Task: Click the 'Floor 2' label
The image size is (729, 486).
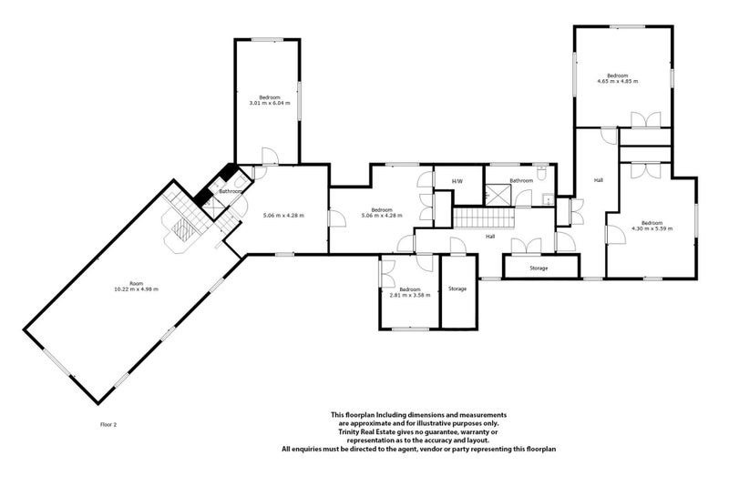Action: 108,424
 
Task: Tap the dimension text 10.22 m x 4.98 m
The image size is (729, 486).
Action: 136,289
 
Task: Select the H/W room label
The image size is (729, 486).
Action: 457,181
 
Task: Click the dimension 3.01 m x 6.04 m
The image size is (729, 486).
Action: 270,103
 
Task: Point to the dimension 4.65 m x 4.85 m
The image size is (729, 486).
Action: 618,81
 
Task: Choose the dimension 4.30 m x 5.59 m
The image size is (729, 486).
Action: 652,228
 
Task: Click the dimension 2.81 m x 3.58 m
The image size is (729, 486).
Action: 410,295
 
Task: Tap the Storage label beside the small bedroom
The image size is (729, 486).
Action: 457,289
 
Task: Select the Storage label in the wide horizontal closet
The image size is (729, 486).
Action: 539,268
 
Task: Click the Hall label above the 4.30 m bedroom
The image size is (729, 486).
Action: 599,179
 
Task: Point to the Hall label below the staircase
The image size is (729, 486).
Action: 490,237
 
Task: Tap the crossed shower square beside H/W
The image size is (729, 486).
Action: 498,195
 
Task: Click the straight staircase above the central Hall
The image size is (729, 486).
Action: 484,218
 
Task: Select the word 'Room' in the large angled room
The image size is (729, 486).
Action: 136,283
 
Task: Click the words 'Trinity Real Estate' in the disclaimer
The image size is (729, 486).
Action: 364,431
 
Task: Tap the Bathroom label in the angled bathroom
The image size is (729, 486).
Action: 231,191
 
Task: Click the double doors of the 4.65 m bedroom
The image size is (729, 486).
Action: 646,119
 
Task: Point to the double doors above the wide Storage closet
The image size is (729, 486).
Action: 527,246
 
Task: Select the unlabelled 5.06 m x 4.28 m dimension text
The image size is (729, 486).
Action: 283,215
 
